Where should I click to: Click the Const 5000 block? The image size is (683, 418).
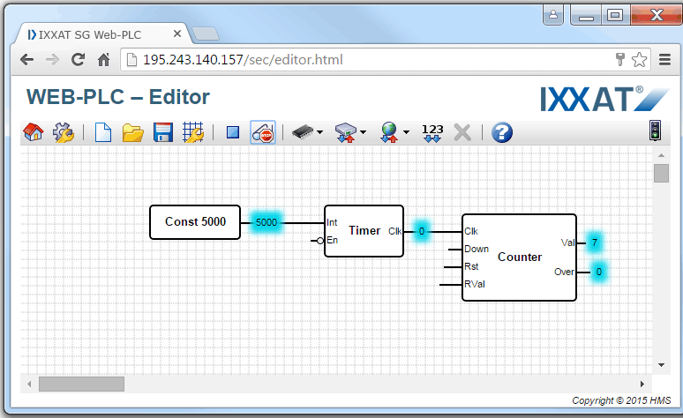195,222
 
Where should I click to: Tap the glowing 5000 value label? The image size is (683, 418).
266,222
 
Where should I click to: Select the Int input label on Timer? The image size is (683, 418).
332,222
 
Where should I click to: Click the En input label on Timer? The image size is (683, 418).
333,240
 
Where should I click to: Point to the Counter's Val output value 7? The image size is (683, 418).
594,243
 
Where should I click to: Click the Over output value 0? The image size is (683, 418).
599,272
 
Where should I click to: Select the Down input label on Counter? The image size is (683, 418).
477,249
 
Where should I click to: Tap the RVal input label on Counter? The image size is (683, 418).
475,284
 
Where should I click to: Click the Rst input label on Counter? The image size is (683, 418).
471,266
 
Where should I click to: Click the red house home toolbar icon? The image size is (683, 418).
34,132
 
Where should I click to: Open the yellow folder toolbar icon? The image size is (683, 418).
133,132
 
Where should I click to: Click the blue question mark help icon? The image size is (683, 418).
502,132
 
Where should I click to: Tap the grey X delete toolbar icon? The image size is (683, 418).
462,132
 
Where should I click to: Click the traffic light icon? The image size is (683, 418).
655,131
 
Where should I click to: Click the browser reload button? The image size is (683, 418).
78,59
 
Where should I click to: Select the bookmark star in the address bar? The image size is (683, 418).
639,60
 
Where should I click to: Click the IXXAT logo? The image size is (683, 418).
604,99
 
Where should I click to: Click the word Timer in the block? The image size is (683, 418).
364,230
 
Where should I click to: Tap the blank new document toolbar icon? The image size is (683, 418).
102,132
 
